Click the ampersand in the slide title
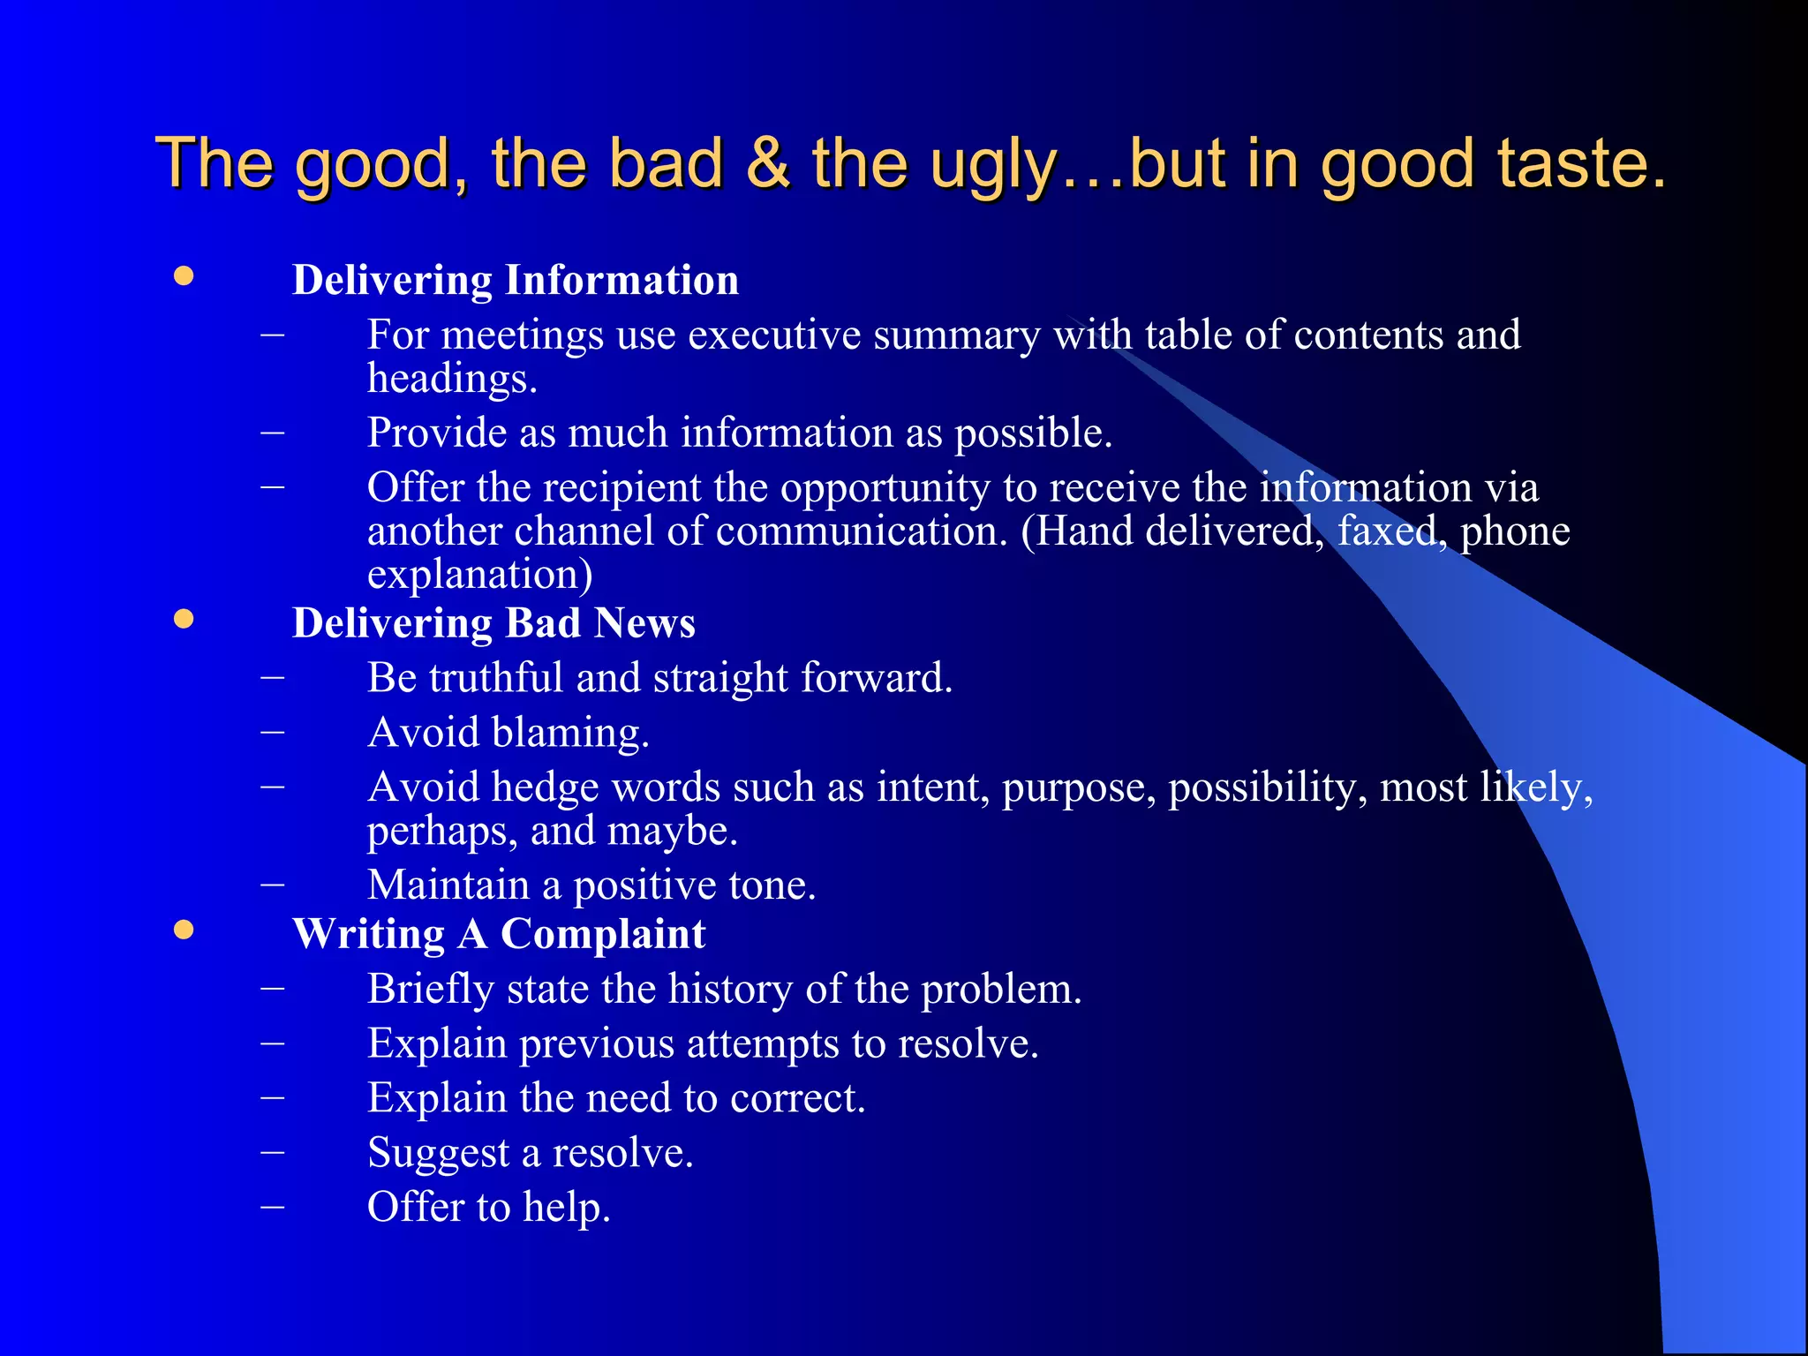[767, 163]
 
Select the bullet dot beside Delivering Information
[184, 276]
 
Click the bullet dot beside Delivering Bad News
[184, 619]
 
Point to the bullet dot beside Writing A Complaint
[184, 930]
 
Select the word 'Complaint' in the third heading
[603, 934]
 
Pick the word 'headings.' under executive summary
[452, 379]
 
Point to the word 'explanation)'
[479, 575]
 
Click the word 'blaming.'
[570, 733]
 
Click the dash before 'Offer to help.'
[273, 1206]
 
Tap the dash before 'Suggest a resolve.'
[273, 1151]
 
